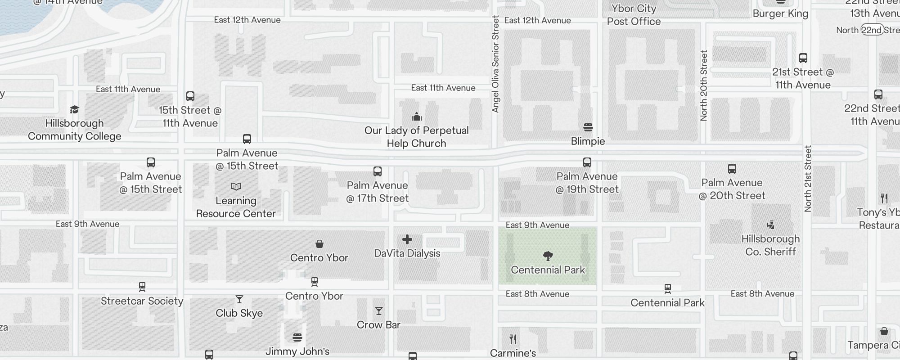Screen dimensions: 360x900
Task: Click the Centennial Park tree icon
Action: [548, 256]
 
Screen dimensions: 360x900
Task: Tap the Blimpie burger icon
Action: [588, 127]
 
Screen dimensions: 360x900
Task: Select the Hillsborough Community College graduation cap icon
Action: [74, 109]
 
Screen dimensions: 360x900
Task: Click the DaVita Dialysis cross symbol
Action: [407, 239]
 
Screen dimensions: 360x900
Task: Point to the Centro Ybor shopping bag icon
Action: [319, 244]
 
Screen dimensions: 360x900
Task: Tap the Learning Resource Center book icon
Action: [236, 186]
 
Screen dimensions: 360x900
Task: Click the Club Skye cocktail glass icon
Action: [239, 299]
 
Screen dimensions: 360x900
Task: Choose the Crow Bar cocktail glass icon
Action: [378, 311]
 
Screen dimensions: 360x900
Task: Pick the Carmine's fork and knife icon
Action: [513, 339]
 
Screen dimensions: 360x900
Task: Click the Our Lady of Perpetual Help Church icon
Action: [416, 117]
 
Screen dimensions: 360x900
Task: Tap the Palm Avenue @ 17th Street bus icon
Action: [378, 171]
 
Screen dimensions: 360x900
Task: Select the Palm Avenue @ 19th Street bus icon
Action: [587, 162]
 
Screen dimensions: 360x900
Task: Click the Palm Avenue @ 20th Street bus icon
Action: [732, 169]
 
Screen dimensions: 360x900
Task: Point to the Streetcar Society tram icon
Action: [142, 287]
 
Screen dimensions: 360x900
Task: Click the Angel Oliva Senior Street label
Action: [495, 64]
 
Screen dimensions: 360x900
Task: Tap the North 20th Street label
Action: [704, 85]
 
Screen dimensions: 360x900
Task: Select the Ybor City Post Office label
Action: [634, 15]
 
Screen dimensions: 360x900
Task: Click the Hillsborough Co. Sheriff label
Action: [770, 245]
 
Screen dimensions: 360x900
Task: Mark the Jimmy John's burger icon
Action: [297, 337]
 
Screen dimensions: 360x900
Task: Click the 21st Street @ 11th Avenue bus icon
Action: [803, 58]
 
